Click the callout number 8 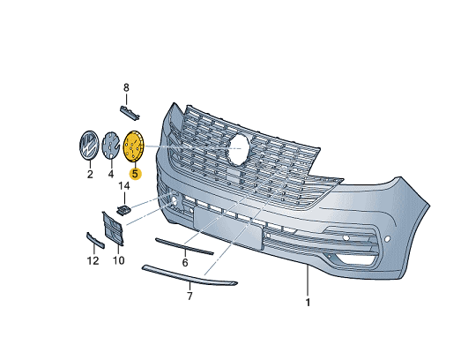click(126, 88)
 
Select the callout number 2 click(90, 175)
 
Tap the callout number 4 click(111, 175)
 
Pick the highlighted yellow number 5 click(135, 174)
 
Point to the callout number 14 click(124, 185)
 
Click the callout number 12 click(93, 260)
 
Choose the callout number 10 click(118, 260)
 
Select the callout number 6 click(185, 262)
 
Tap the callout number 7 click(190, 296)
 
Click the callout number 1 click(308, 303)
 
